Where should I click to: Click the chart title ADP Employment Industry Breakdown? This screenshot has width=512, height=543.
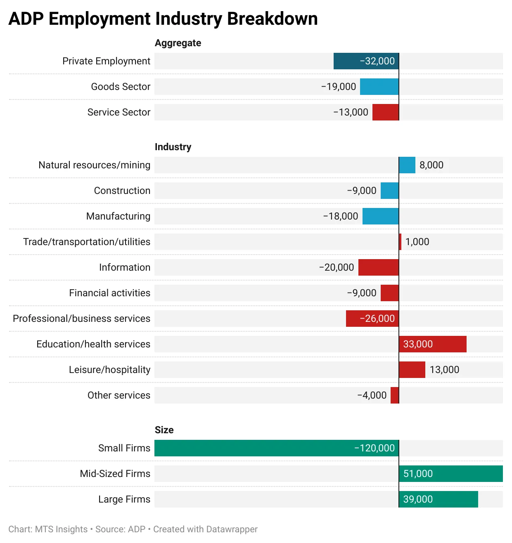(x=163, y=19)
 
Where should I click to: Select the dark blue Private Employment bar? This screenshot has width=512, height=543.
(x=366, y=61)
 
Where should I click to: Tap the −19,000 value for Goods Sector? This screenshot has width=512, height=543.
(x=338, y=87)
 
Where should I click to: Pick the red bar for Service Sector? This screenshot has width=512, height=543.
(x=385, y=112)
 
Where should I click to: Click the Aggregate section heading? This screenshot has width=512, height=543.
(x=178, y=43)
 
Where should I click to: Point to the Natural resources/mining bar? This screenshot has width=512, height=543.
(x=407, y=165)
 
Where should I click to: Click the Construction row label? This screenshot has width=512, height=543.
(x=122, y=191)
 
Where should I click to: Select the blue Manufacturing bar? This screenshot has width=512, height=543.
(x=380, y=216)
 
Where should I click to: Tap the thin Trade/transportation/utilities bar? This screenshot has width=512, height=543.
(x=400, y=242)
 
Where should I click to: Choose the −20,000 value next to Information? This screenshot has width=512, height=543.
(x=336, y=267)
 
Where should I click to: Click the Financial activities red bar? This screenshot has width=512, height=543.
(x=389, y=293)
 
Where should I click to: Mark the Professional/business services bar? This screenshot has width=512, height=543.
(x=372, y=319)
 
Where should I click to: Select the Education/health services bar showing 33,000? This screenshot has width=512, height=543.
(x=432, y=344)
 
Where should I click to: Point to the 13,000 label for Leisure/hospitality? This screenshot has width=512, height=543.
(x=444, y=370)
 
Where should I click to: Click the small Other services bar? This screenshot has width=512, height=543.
(x=395, y=395)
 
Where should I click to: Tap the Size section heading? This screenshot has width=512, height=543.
(x=164, y=430)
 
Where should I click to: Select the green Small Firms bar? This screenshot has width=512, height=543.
(x=276, y=448)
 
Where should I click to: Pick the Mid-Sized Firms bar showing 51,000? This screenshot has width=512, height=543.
(x=450, y=474)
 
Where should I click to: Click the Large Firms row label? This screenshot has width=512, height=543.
(x=124, y=499)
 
